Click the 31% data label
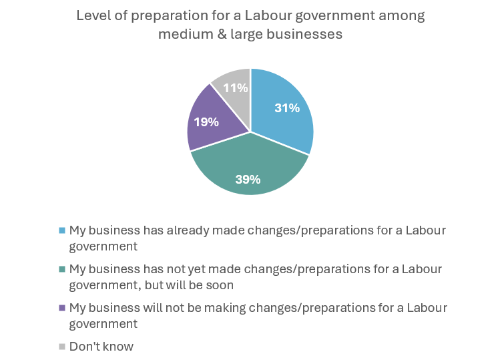(287, 108)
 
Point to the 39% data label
(248, 179)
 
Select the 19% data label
(206, 122)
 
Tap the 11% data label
(236, 87)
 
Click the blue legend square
(62, 230)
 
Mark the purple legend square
(62, 308)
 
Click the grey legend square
(62, 347)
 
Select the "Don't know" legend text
(101, 347)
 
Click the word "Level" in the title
(91, 15)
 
